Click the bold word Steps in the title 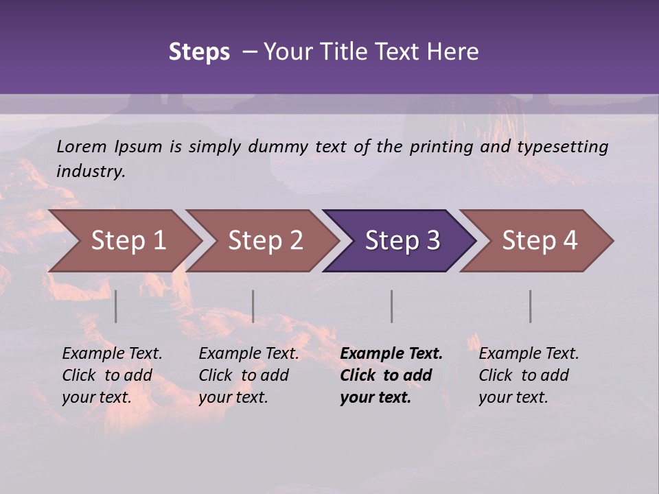tap(199, 51)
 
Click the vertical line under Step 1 tap(116, 306)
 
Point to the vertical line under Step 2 tap(253, 306)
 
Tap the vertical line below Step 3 tap(392, 306)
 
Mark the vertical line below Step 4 tap(531, 306)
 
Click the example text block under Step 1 tap(112, 375)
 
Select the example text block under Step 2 tap(248, 375)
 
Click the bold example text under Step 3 tap(391, 375)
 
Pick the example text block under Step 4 tap(529, 375)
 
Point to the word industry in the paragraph tap(89, 172)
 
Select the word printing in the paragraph tap(442, 147)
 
